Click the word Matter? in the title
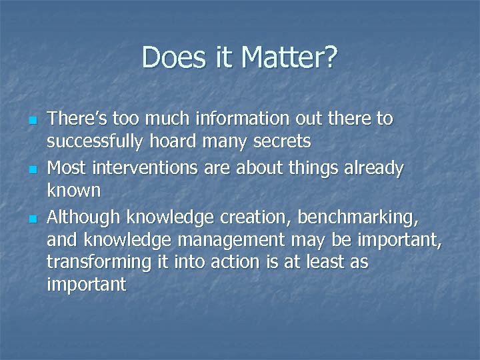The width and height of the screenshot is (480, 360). point(290,58)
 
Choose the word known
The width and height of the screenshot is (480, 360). point(73,191)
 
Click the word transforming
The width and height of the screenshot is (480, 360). point(99,263)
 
